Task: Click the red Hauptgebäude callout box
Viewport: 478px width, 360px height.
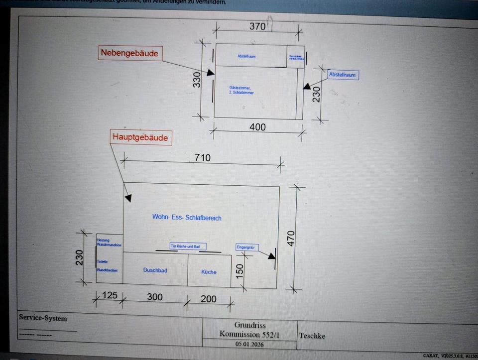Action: point(140,137)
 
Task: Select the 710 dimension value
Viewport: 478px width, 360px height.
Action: point(202,158)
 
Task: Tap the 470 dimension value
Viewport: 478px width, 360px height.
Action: point(291,238)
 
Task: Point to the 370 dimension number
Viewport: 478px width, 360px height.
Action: point(257,26)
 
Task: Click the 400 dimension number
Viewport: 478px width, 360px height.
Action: point(257,127)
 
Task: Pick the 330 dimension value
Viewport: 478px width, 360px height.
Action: point(197,80)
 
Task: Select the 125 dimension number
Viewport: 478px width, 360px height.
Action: point(109,295)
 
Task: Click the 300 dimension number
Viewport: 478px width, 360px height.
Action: point(155,297)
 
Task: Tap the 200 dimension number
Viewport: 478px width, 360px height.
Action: point(209,299)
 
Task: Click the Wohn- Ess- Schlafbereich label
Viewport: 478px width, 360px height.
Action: point(187,218)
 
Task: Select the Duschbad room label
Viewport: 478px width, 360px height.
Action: point(155,270)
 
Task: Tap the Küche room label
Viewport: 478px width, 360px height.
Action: point(209,272)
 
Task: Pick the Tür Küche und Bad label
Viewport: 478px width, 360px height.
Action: point(188,246)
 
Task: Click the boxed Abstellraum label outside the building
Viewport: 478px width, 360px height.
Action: point(343,75)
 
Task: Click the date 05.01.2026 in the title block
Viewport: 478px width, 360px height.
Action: point(249,344)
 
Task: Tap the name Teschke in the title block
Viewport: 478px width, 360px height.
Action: point(312,336)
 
